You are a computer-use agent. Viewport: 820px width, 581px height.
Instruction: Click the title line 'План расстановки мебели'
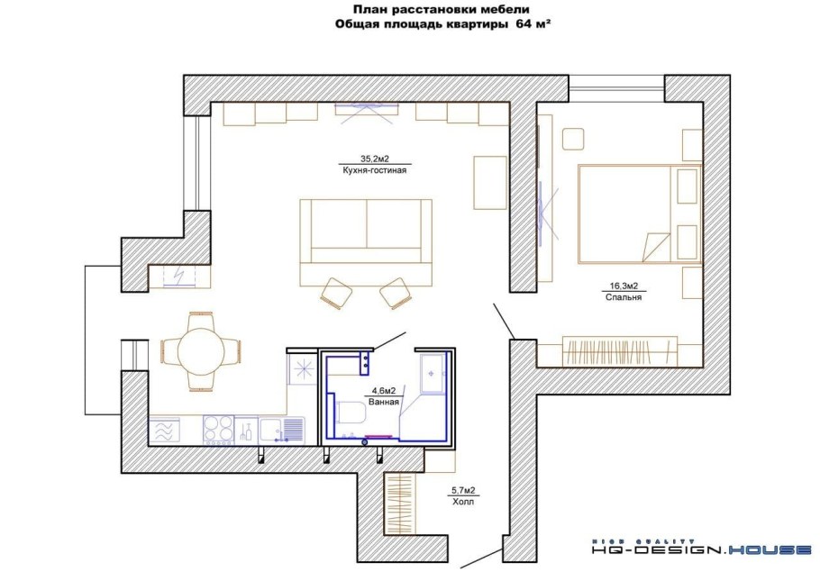pyautogui.click(x=441, y=9)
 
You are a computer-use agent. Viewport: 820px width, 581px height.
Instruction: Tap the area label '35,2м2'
pyautogui.click(x=375, y=159)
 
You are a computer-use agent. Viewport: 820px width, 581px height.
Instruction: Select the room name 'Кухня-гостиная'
pyautogui.click(x=375, y=170)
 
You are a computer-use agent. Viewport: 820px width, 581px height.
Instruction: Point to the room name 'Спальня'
pyautogui.click(x=624, y=297)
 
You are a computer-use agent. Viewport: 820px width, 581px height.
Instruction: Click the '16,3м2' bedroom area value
pyautogui.click(x=624, y=286)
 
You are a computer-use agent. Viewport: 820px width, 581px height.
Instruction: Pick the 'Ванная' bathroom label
pyautogui.click(x=384, y=402)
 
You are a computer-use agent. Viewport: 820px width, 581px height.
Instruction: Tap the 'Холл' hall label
pyautogui.click(x=463, y=502)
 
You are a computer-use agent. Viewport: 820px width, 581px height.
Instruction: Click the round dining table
pyautogui.click(x=201, y=351)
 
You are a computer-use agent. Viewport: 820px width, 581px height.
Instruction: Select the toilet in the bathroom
pyautogui.click(x=350, y=414)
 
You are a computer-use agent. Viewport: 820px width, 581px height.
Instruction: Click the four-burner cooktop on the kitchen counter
pyautogui.click(x=219, y=430)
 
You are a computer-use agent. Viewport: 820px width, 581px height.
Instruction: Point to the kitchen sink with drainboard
pyautogui.click(x=282, y=430)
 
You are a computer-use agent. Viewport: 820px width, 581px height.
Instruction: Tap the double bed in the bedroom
pyautogui.click(x=639, y=213)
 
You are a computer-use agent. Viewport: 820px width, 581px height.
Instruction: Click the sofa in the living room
pyautogui.click(x=366, y=242)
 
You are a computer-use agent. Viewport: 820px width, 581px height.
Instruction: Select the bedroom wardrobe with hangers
pyautogui.click(x=620, y=351)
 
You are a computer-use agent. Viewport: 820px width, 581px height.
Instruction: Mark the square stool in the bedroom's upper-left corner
pyautogui.click(x=574, y=140)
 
